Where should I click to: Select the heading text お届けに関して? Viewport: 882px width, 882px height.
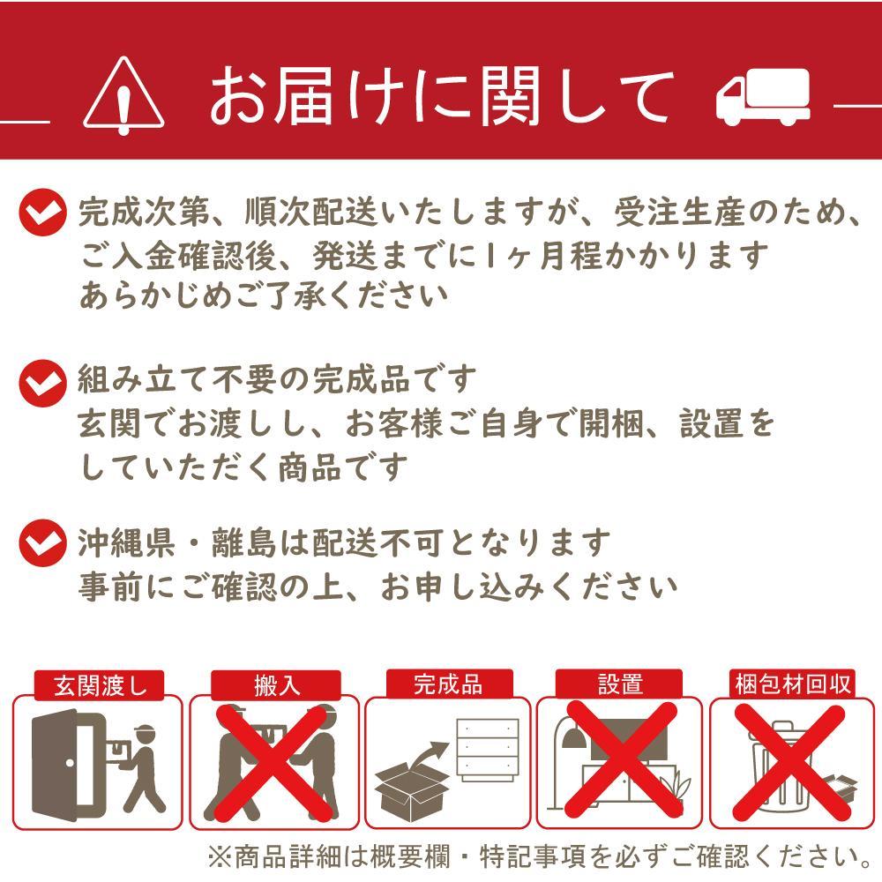[x=441, y=95]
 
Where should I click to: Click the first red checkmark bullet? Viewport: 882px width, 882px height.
[x=42, y=212]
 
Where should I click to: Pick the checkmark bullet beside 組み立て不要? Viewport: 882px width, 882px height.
[x=42, y=383]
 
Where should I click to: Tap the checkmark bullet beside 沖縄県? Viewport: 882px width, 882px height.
[x=42, y=542]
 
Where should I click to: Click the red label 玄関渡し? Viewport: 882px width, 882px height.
[x=100, y=685]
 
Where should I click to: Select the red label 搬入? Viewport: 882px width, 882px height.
[x=275, y=685]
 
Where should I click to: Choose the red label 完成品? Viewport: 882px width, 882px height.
[x=449, y=684]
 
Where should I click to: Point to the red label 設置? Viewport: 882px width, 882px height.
[x=619, y=684]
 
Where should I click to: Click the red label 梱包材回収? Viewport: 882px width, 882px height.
[x=792, y=684]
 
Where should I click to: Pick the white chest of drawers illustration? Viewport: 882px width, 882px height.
[x=488, y=749]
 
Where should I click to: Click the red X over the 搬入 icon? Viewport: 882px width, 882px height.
[x=273, y=762]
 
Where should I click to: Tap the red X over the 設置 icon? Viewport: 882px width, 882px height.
[x=620, y=762]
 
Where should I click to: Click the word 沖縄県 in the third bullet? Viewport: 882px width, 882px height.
[x=126, y=542]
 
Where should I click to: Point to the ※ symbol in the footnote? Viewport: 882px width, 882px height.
[x=220, y=856]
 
